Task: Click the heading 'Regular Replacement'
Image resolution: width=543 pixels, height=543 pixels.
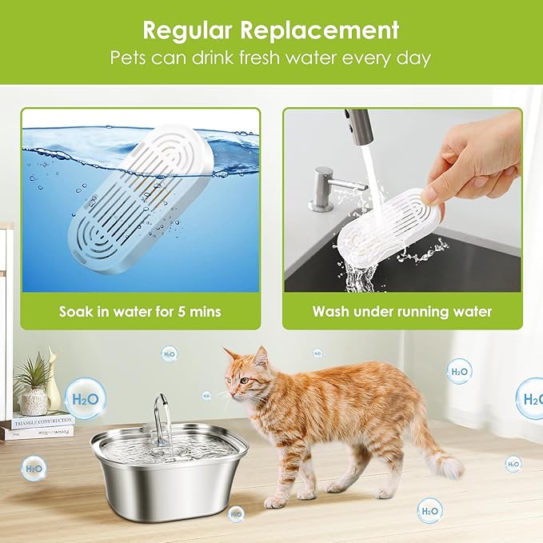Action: (271, 30)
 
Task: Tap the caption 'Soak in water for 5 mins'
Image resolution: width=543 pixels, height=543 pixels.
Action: (140, 311)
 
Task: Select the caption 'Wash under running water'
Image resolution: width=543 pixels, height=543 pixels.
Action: (401, 311)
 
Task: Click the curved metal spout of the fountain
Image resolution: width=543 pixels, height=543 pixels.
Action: (162, 412)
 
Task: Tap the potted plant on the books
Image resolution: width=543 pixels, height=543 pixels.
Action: (34, 384)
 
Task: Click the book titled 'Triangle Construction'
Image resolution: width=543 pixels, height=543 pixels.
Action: (40, 421)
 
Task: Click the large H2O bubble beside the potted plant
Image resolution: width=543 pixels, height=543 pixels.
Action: (85, 398)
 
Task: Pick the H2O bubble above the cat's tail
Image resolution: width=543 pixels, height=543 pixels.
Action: (459, 371)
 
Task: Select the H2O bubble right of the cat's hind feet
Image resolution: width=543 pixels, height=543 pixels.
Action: (429, 510)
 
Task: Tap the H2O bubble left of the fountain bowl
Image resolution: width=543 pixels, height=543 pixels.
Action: (34, 468)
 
